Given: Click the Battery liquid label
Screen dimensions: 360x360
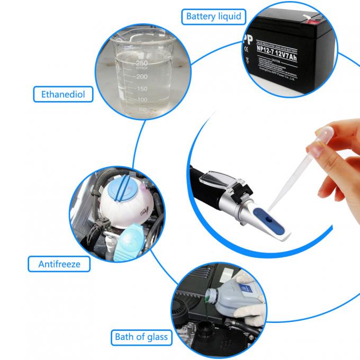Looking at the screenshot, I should [x=213, y=16].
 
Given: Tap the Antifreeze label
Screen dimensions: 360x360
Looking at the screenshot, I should [x=59, y=263].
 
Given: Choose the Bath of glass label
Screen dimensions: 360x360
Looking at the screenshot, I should [x=141, y=337].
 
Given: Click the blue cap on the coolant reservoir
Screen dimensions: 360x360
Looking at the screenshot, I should [x=123, y=187].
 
